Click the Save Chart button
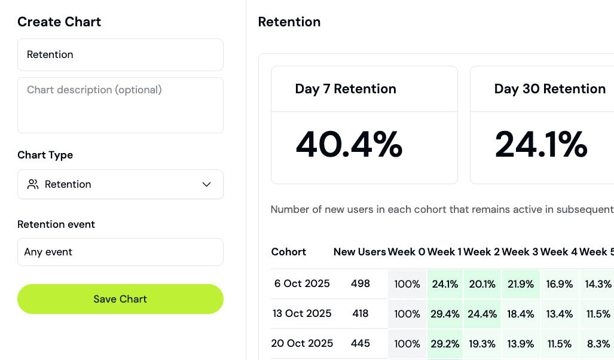tap(120, 299)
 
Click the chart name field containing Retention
tap(120, 55)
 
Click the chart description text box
tap(120, 105)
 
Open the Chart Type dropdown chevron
tap(207, 184)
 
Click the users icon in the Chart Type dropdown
tap(33, 184)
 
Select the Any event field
tap(120, 252)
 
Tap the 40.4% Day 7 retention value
tap(349, 145)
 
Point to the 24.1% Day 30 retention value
tap(541, 145)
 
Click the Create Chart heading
tap(59, 22)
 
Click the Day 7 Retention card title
tap(346, 89)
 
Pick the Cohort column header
tap(289, 252)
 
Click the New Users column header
tap(359, 252)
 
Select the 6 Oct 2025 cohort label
tap(302, 283)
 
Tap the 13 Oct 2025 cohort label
tap(302, 313)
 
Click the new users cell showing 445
tap(361, 343)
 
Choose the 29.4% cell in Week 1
tap(445, 314)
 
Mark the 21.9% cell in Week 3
tap(521, 284)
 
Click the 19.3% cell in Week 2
tap(482, 344)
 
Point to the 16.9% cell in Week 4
tap(560, 284)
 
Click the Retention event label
tap(56, 224)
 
